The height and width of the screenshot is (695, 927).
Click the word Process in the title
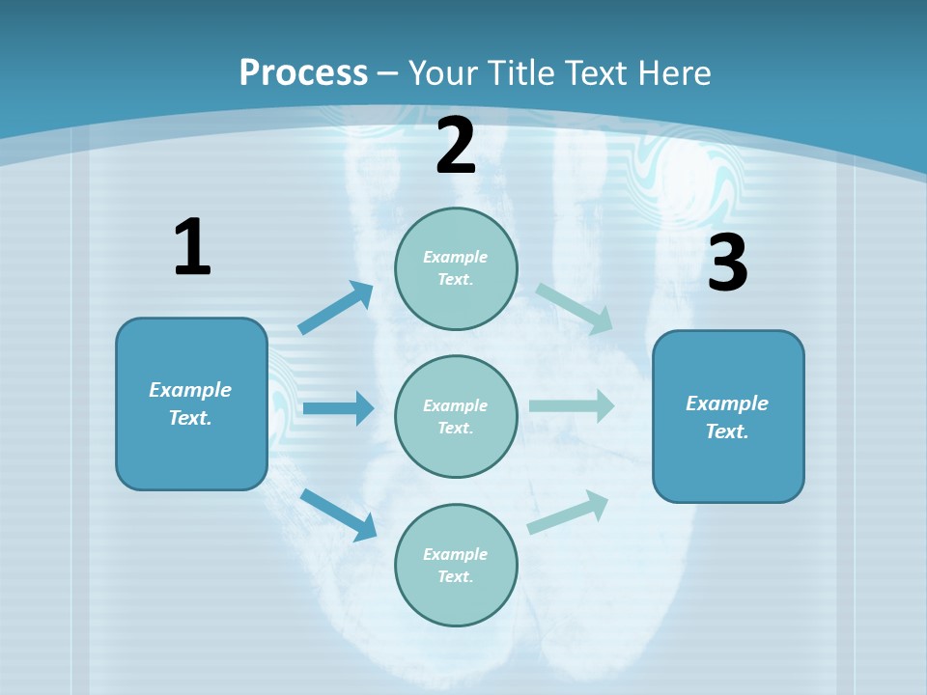pos(303,73)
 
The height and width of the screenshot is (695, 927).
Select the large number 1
pos(192,248)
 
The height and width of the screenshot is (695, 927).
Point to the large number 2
pos(456,147)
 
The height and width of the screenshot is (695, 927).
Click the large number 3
pos(727,264)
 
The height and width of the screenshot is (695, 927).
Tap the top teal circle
pos(456,268)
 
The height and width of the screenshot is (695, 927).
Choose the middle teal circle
pos(456,416)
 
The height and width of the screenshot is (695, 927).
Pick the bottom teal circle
pos(456,565)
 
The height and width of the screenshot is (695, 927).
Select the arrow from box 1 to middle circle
pos(337,408)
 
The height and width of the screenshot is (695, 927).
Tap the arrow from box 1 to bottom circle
pos(338,514)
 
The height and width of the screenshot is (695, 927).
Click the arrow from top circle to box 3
pos(574,308)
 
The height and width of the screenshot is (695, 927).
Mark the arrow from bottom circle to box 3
pos(568,513)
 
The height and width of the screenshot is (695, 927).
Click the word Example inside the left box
pos(190,390)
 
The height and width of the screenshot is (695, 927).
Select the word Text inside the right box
pos(726,431)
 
